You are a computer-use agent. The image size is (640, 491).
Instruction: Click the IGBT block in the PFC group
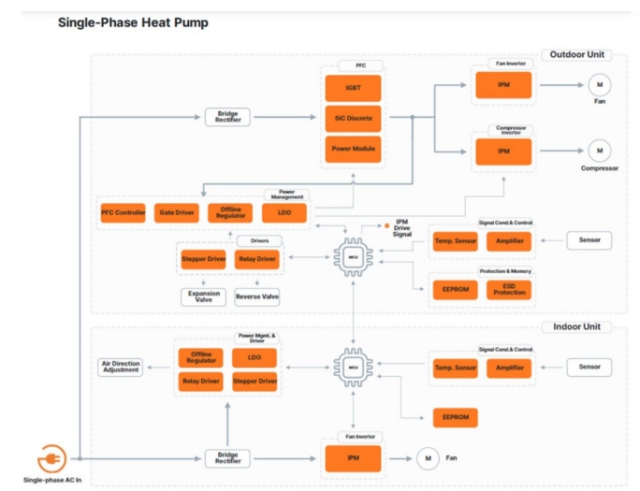point(353,88)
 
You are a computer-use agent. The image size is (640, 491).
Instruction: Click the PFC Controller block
point(124,213)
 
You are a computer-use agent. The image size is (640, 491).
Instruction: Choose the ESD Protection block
point(509,290)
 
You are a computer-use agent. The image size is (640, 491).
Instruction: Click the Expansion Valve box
point(203,297)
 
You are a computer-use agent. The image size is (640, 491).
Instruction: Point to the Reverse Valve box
point(256,297)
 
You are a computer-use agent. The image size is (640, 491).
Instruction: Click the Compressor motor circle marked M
point(599,150)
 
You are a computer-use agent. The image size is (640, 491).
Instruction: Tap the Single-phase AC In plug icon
point(51,459)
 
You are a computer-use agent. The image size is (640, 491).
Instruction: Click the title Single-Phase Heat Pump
point(133,22)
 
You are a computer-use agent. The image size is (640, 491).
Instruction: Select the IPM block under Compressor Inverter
point(503,151)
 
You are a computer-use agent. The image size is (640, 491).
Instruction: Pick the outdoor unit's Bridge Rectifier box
point(228,117)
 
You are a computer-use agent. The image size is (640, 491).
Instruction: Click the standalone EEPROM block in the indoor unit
point(456,417)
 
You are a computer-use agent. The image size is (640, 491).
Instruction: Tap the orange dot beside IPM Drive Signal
point(387,225)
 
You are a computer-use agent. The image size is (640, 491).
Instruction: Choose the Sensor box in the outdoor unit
point(589,240)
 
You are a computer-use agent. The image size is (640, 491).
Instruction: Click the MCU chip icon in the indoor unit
point(353,367)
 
